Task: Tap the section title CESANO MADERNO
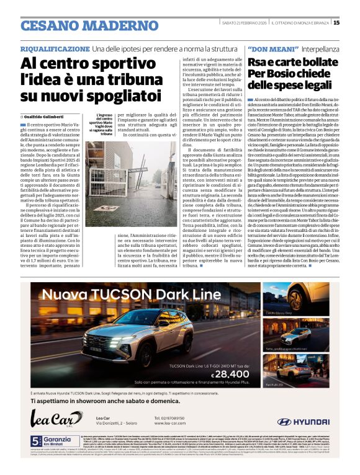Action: pyautogui.click(x=81, y=25)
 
